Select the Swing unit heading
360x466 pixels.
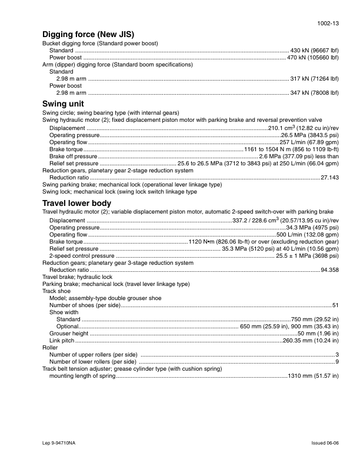(66, 103)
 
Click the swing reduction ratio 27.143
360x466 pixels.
(329, 177)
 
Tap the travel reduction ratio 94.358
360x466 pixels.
(329, 270)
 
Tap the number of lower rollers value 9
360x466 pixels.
(337, 362)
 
